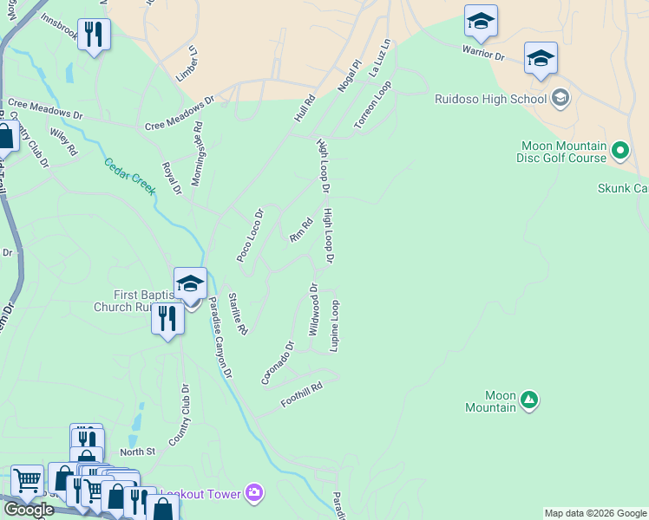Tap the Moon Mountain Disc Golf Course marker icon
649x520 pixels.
[x=620, y=152]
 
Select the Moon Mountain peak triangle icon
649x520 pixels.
[x=528, y=400]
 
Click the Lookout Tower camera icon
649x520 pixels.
[x=254, y=492]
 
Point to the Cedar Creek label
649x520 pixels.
[x=129, y=177]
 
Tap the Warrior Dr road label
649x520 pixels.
[x=483, y=55]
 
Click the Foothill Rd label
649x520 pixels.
[x=302, y=395]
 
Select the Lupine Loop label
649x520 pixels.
[x=334, y=326]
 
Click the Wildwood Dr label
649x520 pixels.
[x=314, y=309]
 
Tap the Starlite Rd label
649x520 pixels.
[x=239, y=314]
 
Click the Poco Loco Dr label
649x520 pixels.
[x=250, y=235]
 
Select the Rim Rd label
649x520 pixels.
[x=300, y=230]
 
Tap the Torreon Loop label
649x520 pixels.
[x=373, y=106]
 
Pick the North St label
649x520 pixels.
[x=137, y=452]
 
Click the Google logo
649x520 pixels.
[x=29, y=510]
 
